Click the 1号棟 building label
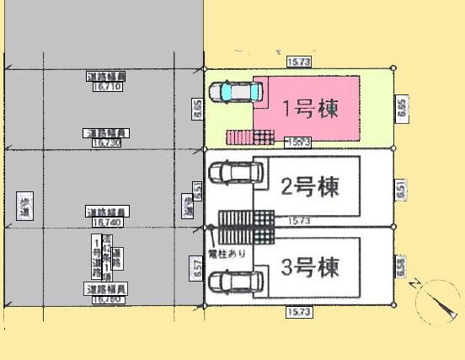(x=310, y=109)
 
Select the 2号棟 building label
(x=310, y=187)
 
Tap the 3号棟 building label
(x=310, y=269)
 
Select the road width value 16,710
(x=107, y=85)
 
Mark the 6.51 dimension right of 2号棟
(x=400, y=190)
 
